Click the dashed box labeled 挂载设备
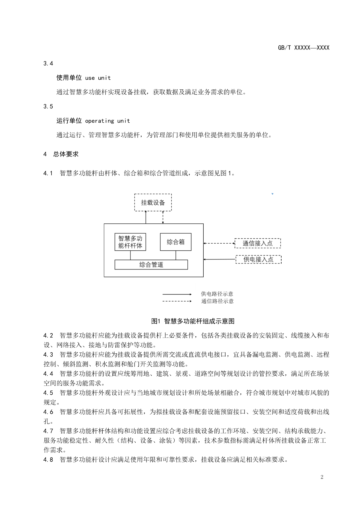153,203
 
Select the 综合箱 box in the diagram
175,242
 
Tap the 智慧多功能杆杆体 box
130,242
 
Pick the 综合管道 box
151,265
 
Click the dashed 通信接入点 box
258,243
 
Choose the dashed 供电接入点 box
258,259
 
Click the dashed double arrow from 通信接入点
219,243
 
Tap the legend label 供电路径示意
217,294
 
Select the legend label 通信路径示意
217,301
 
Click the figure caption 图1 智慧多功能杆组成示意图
193,321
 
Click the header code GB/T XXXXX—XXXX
303,48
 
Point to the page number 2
322,477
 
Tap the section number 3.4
48,63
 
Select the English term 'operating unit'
107,121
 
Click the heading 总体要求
66,154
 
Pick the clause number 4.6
48,412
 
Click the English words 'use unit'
98,78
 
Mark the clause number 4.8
48,460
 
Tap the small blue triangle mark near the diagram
272,194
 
